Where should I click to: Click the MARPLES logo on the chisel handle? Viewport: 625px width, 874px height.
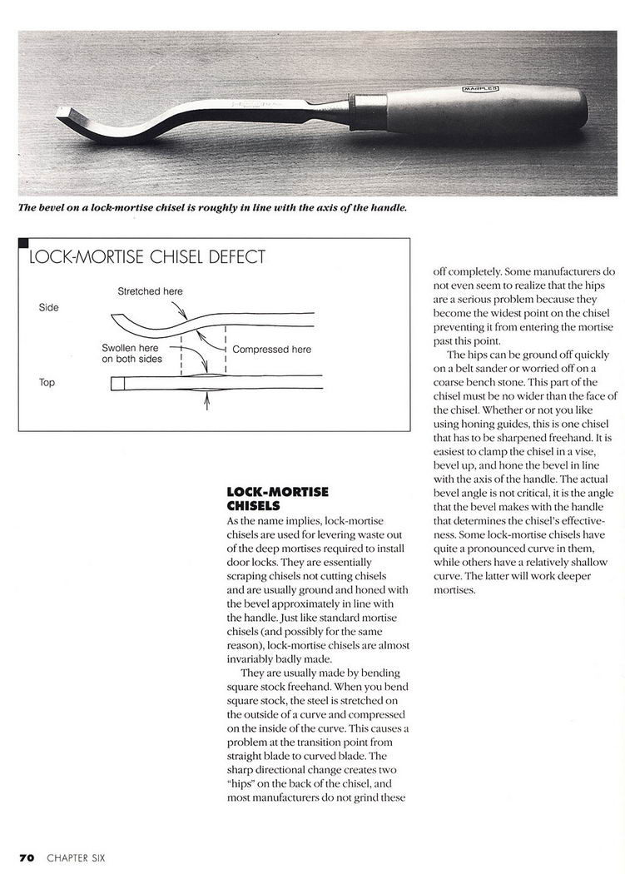[481, 87]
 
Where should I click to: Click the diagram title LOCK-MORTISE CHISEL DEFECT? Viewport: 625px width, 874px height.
[146, 257]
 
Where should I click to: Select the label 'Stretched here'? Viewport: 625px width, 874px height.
[150, 291]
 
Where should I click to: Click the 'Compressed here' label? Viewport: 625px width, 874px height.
[272, 350]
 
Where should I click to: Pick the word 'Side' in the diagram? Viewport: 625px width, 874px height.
[49, 307]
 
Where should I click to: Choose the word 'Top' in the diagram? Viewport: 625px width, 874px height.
[47, 383]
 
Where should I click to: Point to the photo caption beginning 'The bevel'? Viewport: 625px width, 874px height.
[213, 207]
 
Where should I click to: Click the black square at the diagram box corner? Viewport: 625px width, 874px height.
[23, 243]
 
